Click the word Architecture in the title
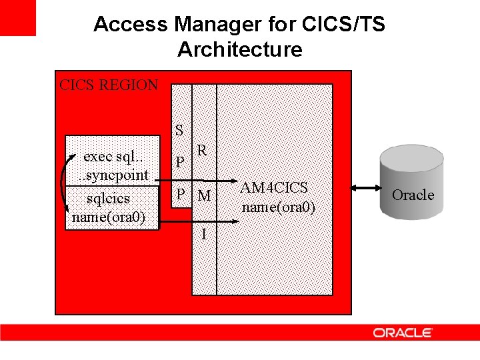(240, 49)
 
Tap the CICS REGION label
(109, 85)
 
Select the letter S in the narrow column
(179, 131)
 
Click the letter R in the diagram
(201, 151)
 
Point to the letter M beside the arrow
(204, 195)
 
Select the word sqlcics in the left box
(108, 199)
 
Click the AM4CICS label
(274, 188)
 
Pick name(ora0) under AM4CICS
(278, 207)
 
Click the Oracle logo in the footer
(403, 333)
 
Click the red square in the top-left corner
(17, 17)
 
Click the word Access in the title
(131, 24)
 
